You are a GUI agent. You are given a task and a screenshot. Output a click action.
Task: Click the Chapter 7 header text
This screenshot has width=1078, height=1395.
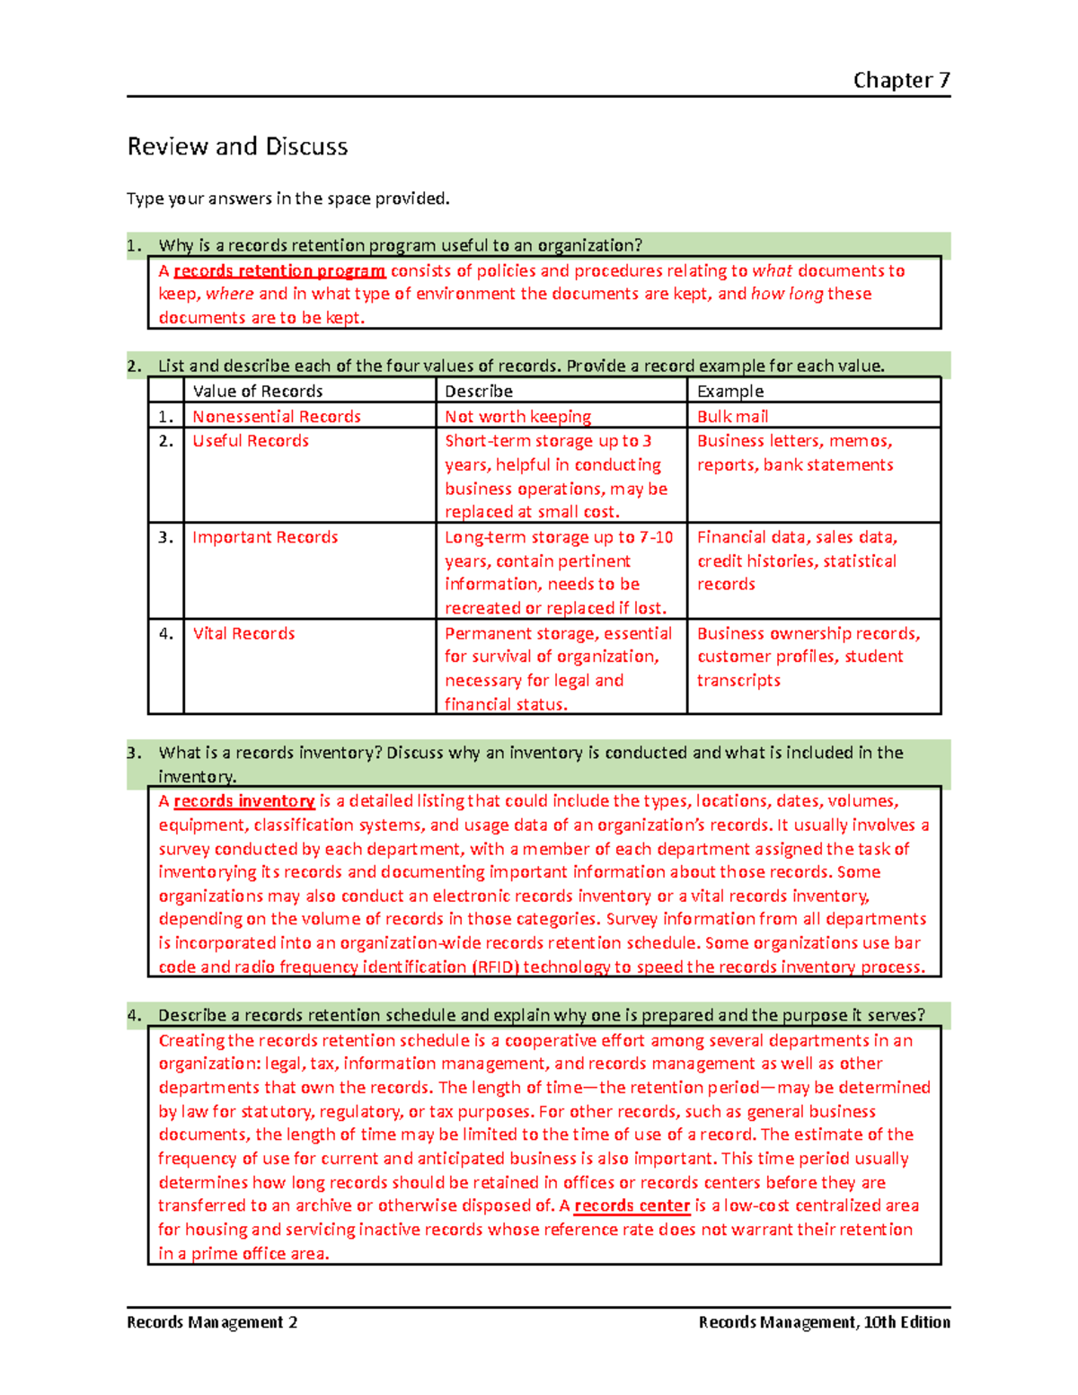click(x=901, y=80)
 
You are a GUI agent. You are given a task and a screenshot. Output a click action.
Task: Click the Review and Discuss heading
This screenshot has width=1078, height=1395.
click(x=237, y=146)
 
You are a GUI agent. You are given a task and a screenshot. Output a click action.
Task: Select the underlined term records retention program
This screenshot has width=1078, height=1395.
click(x=279, y=270)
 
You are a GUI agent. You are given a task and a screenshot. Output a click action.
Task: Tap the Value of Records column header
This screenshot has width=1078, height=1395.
click(x=258, y=391)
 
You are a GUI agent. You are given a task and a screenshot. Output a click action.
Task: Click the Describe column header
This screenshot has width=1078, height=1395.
click(x=479, y=391)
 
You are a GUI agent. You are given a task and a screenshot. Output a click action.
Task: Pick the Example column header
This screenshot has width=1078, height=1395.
click(x=730, y=391)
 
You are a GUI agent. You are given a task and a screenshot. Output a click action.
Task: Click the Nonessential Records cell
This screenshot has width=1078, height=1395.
click(x=277, y=416)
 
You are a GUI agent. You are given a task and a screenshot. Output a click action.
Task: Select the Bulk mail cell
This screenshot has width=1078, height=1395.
click(x=733, y=416)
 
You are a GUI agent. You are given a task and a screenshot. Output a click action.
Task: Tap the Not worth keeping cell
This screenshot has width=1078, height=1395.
click(x=518, y=416)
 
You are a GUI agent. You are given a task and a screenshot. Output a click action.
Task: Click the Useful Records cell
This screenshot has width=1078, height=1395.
click(x=251, y=440)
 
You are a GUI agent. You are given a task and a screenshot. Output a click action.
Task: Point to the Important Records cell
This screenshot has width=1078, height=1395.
click(x=265, y=536)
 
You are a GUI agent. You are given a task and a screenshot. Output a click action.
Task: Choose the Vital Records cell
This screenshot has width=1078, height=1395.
click(x=243, y=633)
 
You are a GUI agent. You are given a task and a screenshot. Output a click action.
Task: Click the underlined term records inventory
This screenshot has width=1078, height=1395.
click(x=243, y=800)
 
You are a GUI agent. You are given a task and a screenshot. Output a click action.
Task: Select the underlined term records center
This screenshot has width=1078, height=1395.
click(x=632, y=1205)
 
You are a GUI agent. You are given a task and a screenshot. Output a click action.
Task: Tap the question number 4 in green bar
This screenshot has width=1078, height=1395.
click(x=134, y=1015)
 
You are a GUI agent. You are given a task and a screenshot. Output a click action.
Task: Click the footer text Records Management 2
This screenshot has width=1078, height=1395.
click(x=212, y=1321)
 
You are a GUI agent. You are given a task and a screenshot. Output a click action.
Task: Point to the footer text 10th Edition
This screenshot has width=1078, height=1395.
click(x=906, y=1321)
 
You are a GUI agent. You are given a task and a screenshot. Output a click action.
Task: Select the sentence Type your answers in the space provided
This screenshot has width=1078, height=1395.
click(x=287, y=198)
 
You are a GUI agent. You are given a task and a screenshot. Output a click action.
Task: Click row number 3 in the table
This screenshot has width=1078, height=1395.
click(x=165, y=536)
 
